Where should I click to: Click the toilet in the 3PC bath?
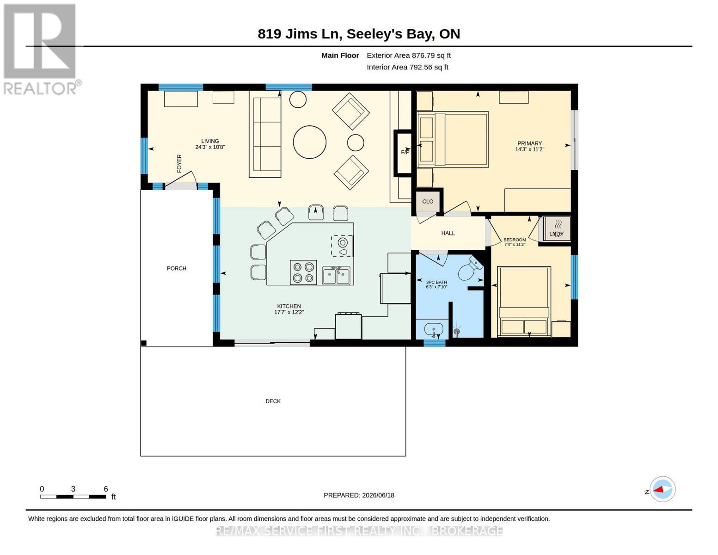[x=470, y=268]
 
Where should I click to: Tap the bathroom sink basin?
[x=433, y=329]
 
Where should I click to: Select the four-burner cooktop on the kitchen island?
[x=303, y=272]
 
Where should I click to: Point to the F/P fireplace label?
[x=405, y=152]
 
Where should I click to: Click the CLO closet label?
[x=428, y=201]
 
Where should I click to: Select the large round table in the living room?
[x=310, y=142]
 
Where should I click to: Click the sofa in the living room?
[x=265, y=134]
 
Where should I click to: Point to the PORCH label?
[x=177, y=268]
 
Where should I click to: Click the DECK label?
[x=273, y=401]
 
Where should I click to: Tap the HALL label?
[x=448, y=233]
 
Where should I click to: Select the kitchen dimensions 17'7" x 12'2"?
[x=289, y=312]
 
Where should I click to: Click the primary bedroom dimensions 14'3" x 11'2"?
[x=529, y=149]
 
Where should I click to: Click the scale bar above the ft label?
[x=73, y=497]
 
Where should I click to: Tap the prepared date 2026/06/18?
[x=378, y=495]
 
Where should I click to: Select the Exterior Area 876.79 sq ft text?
[x=409, y=55]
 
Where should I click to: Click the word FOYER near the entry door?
[x=179, y=163]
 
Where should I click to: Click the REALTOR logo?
[x=40, y=49]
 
